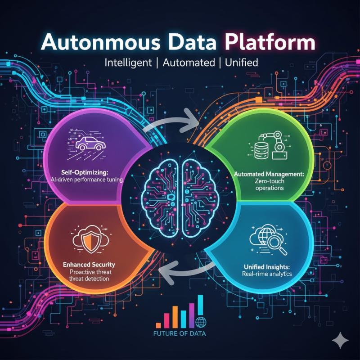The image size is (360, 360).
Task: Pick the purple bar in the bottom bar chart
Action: coord(192,315)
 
